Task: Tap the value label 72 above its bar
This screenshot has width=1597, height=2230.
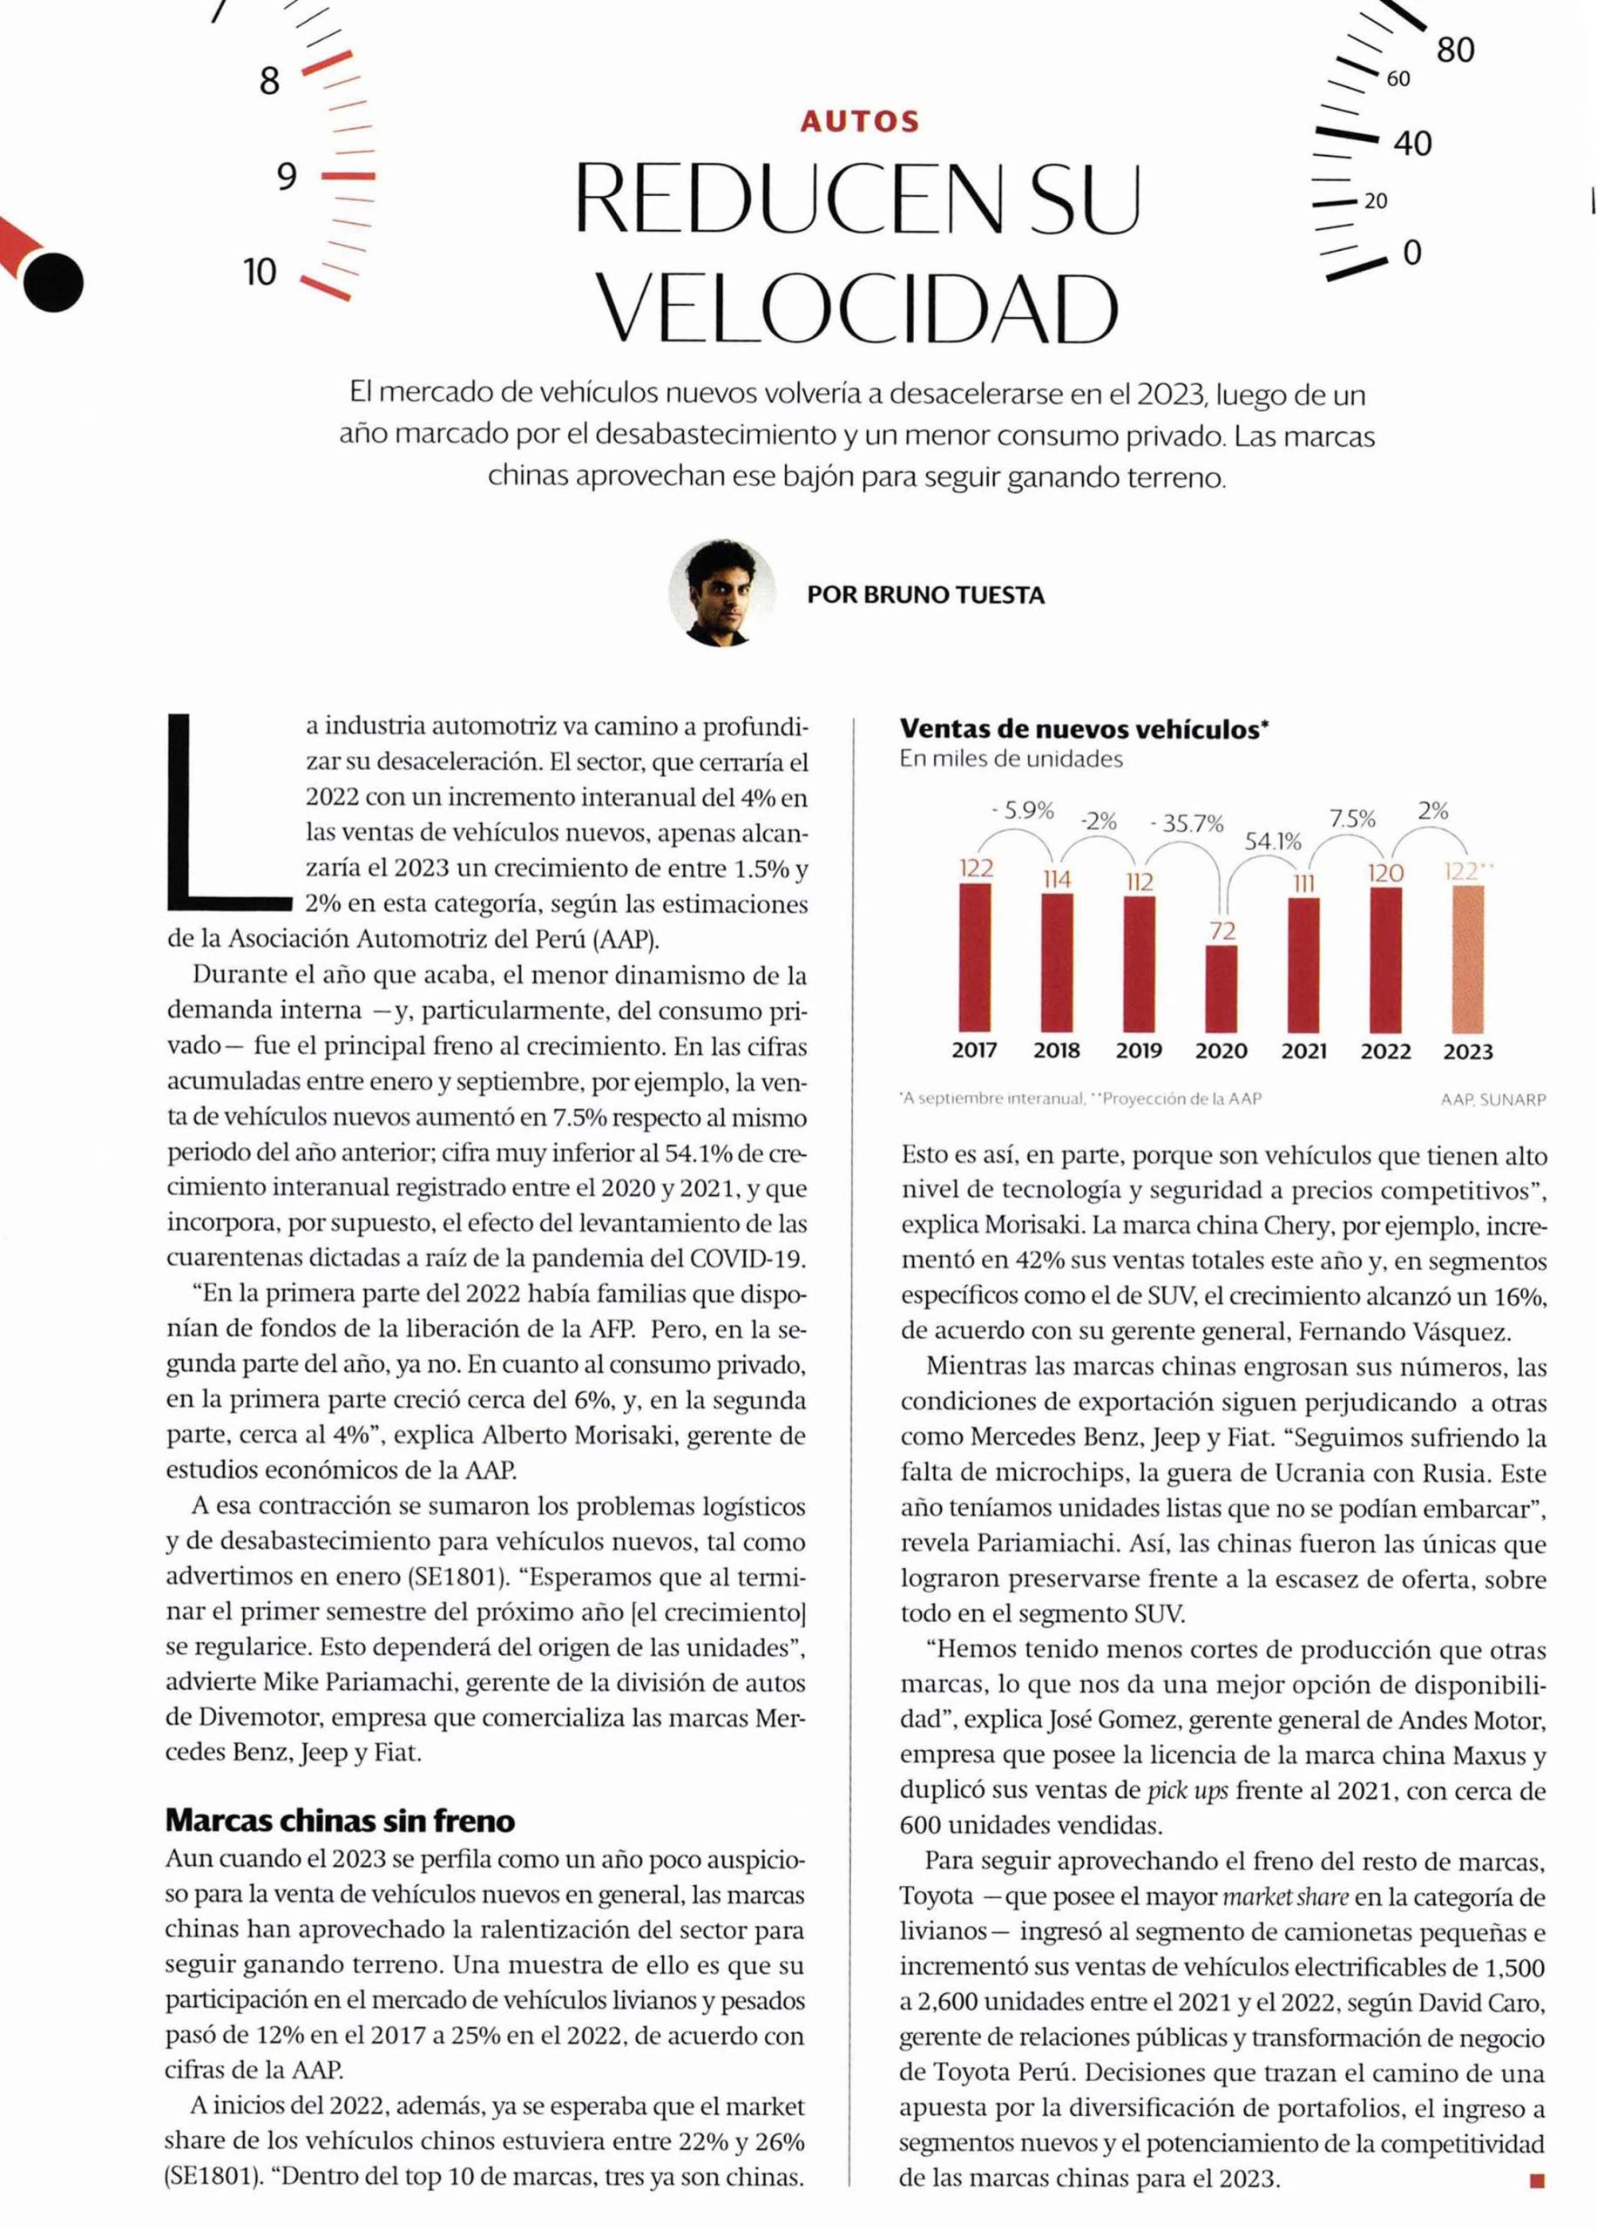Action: [x=1222, y=930]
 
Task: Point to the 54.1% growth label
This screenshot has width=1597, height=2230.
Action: [x=1273, y=841]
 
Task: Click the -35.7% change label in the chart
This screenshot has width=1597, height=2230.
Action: [x=1187, y=824]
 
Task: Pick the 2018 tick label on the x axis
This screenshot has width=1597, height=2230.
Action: [x=1056, y=1051]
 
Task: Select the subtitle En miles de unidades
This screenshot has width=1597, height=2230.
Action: [x=1010, y=759]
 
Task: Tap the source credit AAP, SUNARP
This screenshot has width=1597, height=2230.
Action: [x=1492, y=1099]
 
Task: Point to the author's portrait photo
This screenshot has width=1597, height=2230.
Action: [x=721, y=593]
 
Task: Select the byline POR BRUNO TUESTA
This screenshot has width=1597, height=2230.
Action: [x=925, y=595]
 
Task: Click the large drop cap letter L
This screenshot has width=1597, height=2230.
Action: [x=227, y=811]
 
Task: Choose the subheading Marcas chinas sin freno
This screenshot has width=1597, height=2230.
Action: [x=341, y=1820]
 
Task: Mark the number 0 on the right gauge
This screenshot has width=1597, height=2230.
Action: [x=1412, y=253]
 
